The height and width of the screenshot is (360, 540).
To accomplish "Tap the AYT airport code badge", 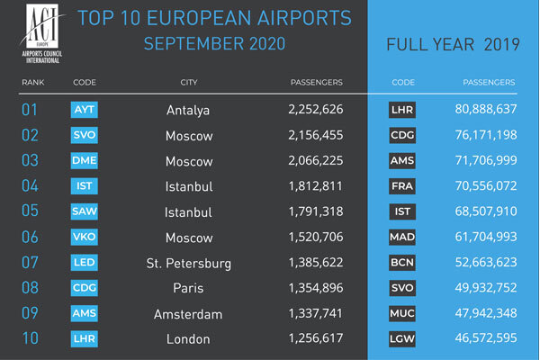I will [x=83, y=111].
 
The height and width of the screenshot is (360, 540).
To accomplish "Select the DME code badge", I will [x=83, y=162].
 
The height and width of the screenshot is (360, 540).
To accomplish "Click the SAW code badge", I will [x=83, y=212].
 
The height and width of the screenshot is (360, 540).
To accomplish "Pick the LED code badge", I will [x=83, y=264].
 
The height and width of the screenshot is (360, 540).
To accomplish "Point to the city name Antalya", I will [x=188, y=111].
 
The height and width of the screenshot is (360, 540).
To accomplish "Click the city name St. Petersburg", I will [x=188, y=264].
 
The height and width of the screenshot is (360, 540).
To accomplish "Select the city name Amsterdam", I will [x=188, y=314].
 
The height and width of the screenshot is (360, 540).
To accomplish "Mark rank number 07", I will [x=31, y=264].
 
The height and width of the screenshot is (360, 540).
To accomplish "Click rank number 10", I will [x=31, y=339].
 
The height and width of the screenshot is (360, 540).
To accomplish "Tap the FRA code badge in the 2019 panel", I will [x=401, y=187].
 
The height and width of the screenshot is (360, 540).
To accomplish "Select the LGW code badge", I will [x=401, y=339].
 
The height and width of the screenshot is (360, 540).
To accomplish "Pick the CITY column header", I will [x=188, y=83].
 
